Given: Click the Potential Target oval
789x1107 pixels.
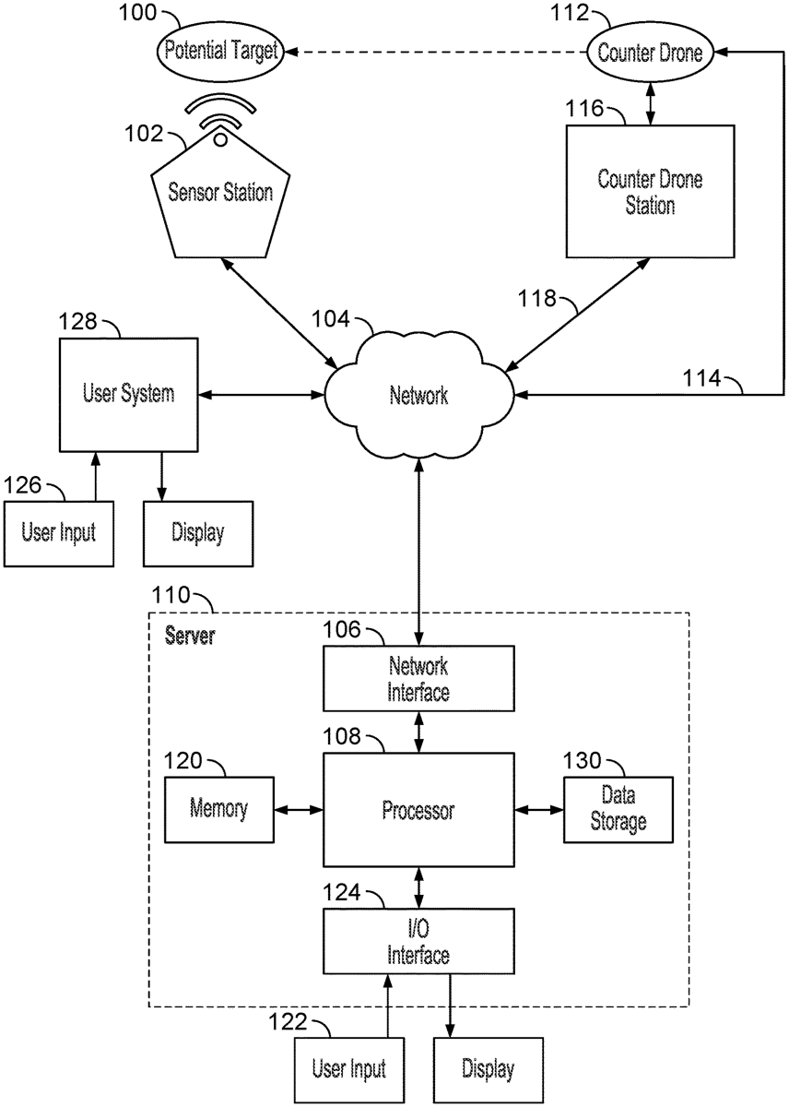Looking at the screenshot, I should point(221,50).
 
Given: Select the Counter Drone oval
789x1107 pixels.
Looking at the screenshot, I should point(651,53).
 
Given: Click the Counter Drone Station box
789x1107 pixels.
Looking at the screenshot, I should point(650,191).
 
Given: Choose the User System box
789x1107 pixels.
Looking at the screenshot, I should point(128,395).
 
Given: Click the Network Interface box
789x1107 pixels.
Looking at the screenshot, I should point(418,678).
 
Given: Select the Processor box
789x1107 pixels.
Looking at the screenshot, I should point(418,810).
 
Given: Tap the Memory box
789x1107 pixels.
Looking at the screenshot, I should point(219,809).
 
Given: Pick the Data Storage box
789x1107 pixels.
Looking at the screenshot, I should point(618,809).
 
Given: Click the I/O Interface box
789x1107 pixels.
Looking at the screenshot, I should point(418,940).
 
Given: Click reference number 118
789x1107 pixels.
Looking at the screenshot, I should point(537,298).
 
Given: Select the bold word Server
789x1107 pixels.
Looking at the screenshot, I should point(189,636).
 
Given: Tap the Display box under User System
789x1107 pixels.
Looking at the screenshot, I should point(197,532).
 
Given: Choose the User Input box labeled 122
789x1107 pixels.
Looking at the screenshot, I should point(348,1069).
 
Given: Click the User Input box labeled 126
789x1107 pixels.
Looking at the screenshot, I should point(59,532).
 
